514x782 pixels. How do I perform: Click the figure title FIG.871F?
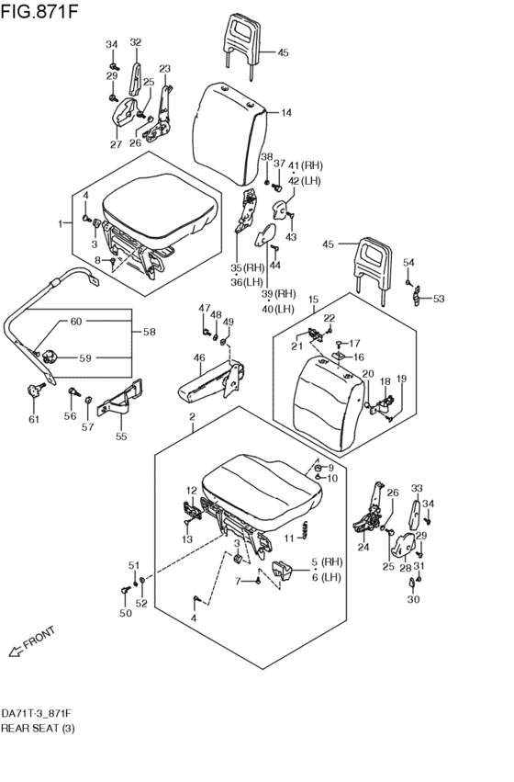(39, 11)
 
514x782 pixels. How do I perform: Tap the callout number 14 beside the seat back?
(286, 113)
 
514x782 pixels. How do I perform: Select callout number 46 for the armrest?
(199, 357)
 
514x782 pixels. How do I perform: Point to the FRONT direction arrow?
(16, 651)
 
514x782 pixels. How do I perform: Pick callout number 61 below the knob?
(33, 419)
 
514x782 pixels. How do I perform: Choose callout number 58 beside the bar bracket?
(149, 332)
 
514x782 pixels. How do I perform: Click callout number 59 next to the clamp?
(85, 357)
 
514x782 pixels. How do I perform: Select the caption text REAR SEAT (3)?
(38, 728)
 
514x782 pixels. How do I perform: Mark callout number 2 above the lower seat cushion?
(192, 416)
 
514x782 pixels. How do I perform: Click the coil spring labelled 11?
(306, 530)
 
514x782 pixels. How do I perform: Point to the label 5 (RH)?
(327, 562)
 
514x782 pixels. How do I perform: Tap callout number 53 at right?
(439, 299)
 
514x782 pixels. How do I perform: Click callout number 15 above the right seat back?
(313, 300)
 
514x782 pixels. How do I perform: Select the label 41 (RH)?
(306, 165)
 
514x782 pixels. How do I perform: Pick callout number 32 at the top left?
(136, 42)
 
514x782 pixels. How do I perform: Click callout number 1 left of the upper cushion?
(61, 223)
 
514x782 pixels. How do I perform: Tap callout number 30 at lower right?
(413, 599)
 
